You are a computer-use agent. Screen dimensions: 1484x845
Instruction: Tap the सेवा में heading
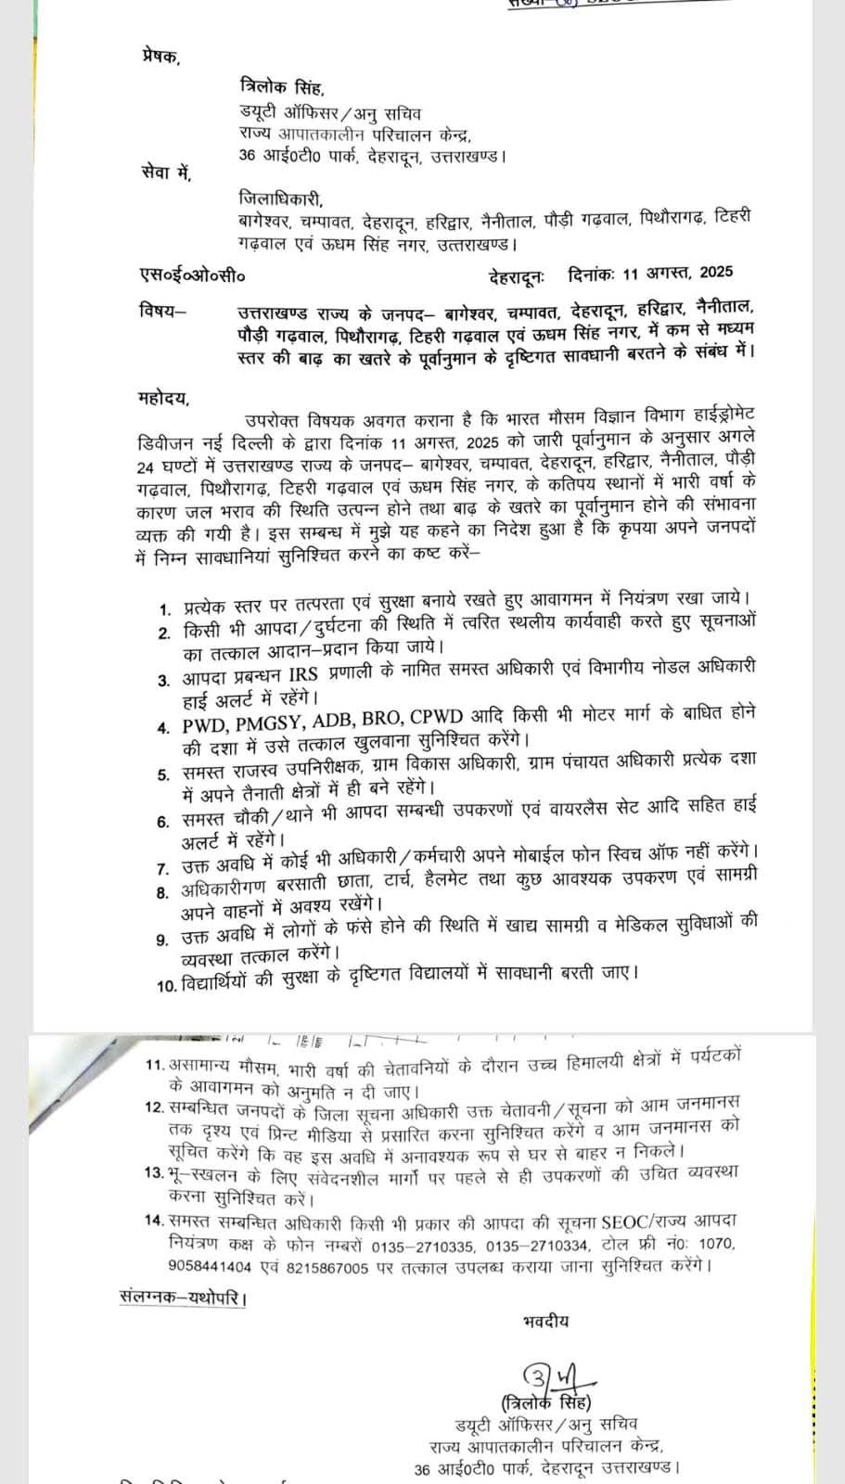160,170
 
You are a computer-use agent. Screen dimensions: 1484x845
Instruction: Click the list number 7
162,868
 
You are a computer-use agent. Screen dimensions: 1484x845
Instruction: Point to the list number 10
166,985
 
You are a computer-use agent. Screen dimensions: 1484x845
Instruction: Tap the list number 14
154,1221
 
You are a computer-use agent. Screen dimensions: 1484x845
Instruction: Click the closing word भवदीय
545,1321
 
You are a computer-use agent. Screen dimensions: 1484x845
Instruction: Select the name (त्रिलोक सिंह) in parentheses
545,1401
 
